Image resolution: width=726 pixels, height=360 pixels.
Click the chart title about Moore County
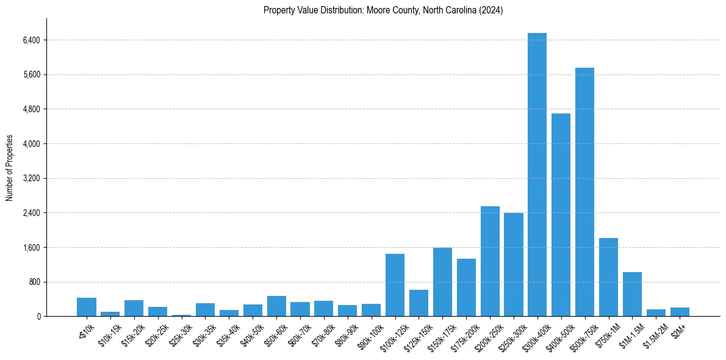point(383,10)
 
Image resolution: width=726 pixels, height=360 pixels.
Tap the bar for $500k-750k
point(584,192)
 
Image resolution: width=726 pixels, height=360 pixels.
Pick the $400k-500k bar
point(561,215)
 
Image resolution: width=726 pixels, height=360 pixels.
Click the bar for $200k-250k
point(490,261)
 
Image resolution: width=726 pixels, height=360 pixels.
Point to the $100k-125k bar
point(395,285)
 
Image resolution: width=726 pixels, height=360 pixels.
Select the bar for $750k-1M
point(608,277)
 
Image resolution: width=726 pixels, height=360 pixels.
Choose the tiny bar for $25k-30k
point(181,315)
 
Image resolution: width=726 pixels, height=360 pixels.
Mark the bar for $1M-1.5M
point(632,294)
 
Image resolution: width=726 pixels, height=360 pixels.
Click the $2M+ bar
point(680,312)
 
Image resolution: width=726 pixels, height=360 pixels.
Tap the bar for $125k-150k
point(419,303)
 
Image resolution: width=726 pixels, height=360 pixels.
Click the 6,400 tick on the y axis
point(31,40)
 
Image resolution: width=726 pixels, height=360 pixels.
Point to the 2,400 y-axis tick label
point(31,213)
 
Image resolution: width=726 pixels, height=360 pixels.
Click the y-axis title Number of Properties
point(10,167)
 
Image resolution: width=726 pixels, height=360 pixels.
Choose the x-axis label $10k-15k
point(110,333)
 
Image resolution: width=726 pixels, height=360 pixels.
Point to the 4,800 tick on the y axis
point(31,109)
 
